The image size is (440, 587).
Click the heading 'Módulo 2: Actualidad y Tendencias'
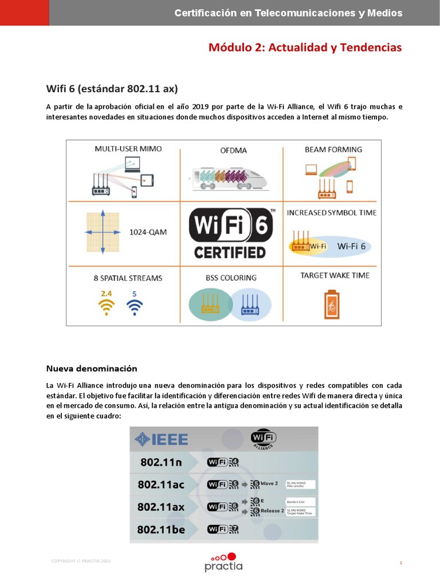305,47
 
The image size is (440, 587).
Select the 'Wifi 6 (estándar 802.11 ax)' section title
112,88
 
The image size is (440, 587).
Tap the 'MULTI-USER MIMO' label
128,148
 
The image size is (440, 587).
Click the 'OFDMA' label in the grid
234,151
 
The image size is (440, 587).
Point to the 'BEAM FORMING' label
333,149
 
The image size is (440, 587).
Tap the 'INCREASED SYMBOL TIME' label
332,213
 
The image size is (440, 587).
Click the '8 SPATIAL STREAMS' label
128,278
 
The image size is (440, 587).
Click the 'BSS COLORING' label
231,277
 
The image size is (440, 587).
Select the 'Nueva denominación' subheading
92,368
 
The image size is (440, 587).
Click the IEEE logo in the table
162,439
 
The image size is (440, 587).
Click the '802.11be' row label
161,529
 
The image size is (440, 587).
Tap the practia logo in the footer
223,561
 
